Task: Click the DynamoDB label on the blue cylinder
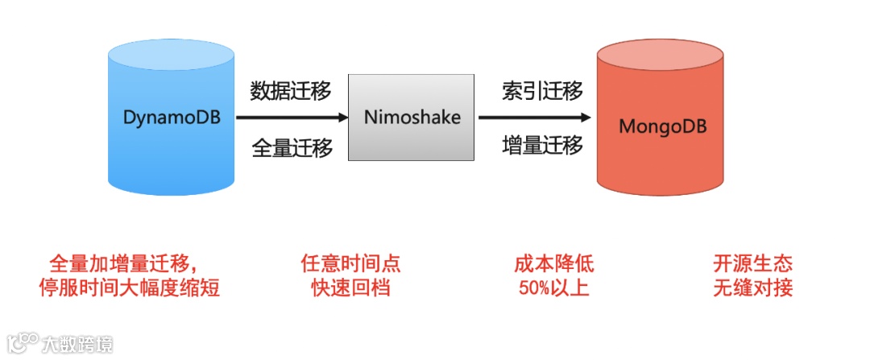click(171, 117)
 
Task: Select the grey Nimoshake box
click(412, 118)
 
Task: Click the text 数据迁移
click(291, 91)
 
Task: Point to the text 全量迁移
click(291, 148)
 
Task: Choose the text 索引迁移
click(542, 91)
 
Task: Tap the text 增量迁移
click(542, 146)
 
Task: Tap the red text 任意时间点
click(351, 264)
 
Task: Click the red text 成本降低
click(554, 264)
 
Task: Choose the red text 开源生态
click(753, 264)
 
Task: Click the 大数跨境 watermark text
click(78, 344)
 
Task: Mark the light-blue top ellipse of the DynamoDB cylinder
click(171, 56)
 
